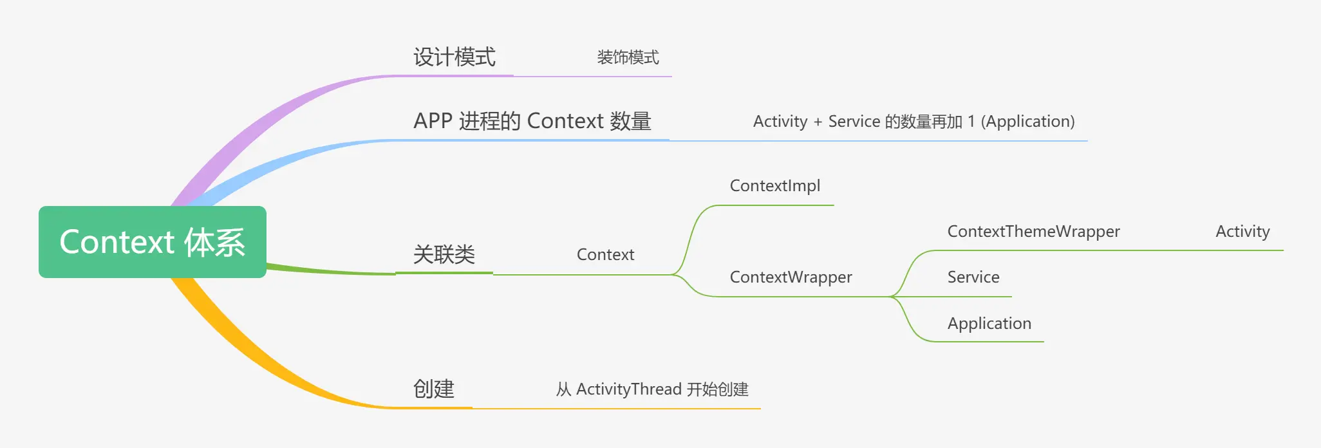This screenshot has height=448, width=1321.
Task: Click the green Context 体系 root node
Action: pyautogui.click(x=153, y=242)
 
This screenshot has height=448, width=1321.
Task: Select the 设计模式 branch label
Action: pyautogui.click(x=454, y=57)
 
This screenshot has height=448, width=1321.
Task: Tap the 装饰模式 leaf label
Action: pyautogui.click(x=628, y=57)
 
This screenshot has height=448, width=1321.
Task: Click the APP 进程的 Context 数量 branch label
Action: pyautogui.click(x=532, y=121)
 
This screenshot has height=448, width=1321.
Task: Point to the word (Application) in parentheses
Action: pyautogui.click(x=1027, y=122)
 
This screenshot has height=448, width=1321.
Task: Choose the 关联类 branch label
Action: pyautogui.click(x=444, y=255)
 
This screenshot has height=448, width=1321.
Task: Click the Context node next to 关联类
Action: pyautogui.click(x=605, y=255)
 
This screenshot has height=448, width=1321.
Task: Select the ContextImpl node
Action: pyautogui.click(x=775, y=186)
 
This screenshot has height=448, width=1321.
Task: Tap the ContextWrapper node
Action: pyautogui.click(x=791, y=277)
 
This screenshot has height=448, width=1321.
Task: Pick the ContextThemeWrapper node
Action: pyautogui.click(x=1033, y=232)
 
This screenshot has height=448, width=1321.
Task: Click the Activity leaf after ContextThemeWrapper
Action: pyautogui.click(x=1242, y=232)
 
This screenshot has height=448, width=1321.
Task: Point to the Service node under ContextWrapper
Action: pyautogui.click(x=973, y=277)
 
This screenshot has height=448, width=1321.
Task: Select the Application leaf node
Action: pyautogui.click(x=989, y=324)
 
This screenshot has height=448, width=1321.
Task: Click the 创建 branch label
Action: pyautogui.click(x=434, y=389)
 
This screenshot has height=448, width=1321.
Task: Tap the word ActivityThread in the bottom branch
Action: pyautogui.click(x=629, y=389)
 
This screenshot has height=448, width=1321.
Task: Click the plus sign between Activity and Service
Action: pyautogui.click(x=818, y=122)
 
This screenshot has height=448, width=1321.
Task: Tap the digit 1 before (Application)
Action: pyautogui.click(x=971, y=122)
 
